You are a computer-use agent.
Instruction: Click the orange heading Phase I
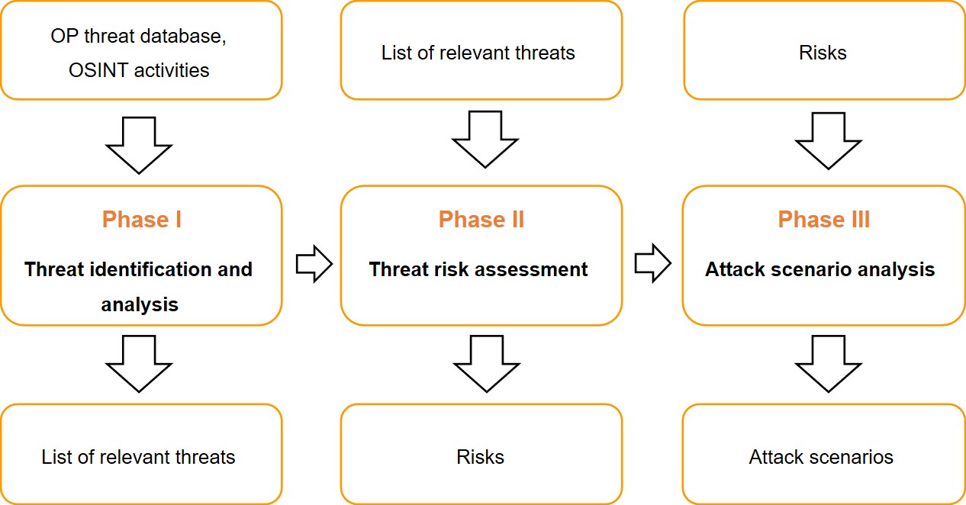141,220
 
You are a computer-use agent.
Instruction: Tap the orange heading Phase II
481,220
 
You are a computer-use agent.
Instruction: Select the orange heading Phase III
823,220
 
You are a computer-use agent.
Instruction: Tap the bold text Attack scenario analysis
819,269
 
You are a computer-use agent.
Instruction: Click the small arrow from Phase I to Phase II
314,264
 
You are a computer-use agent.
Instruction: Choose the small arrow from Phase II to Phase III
652,264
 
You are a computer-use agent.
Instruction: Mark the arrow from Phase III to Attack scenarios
829,362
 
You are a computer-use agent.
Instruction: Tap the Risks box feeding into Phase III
823,52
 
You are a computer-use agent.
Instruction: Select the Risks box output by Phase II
481,456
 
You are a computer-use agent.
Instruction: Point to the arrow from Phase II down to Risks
486,362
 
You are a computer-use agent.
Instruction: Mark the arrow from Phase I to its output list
139,362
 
